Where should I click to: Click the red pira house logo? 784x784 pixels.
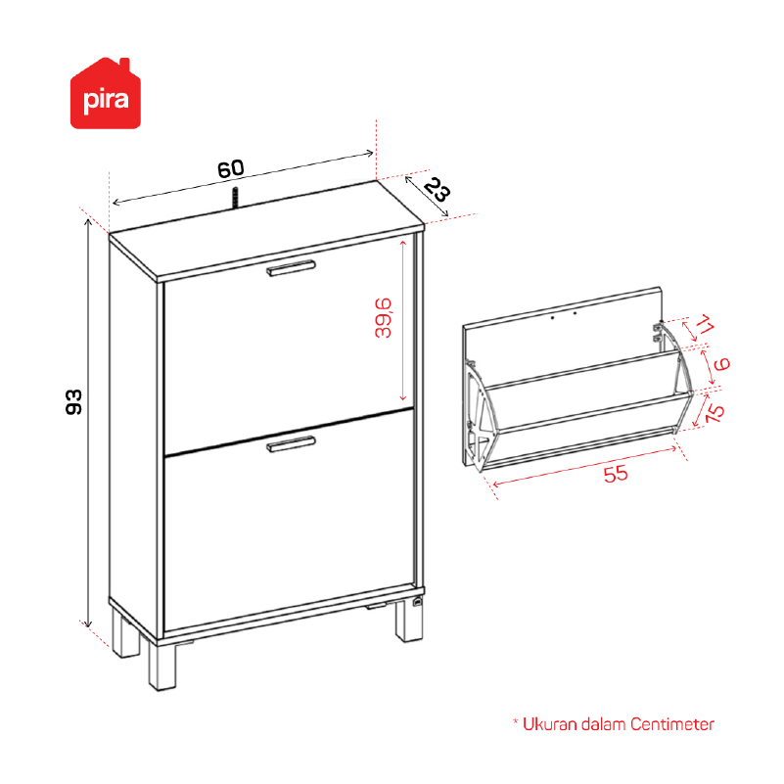coord(106,94)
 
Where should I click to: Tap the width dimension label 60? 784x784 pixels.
coord(230,169)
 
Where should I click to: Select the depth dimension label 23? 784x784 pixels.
coord(437,190)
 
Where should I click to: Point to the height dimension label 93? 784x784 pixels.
coord(73,401)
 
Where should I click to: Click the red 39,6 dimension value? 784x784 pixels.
coord(384,318)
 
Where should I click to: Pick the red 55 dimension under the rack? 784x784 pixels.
coord(616,474)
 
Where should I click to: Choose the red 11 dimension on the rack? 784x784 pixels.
coord(705,325)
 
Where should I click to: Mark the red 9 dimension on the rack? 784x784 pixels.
coord(722,364)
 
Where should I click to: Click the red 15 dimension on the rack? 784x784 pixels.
coord(715,412)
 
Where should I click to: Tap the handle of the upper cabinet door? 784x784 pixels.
coord(291,268)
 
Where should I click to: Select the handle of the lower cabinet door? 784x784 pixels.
coord(291,444)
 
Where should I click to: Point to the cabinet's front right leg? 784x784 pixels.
coord(409,620)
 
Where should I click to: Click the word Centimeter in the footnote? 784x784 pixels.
coord(672,724)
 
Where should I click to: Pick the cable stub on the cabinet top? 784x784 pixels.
coord(235,197)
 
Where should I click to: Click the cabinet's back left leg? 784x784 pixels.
coord(125,632)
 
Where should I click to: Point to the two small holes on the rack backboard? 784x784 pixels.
coord(564,315)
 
